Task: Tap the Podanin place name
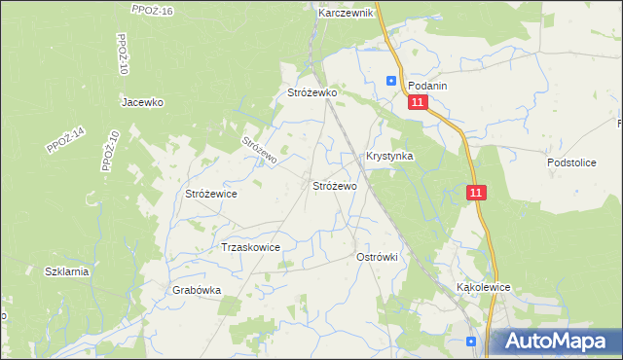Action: pyautogui.click(x=427, y=86)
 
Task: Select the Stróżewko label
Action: pyautogui.click(x=311, y=92)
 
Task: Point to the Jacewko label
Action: pyautogui.click(x=142, y=102)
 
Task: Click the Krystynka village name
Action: pyautogui.click(x=389, y=156)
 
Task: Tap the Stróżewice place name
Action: pyautogui.click(x=211, y=195)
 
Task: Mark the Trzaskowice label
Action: pyautogui.click(x=251, y=247)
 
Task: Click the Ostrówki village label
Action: pyautogui.click(x=379, y=256)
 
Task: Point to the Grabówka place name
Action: pyautogui.click(x=198, y=290)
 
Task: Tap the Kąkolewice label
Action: pyautogui.click(x=484, y=289)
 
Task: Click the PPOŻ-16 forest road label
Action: pyautogui.click(x=151, y=9)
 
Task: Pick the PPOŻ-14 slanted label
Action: pyautogui.click(x=65, y=141)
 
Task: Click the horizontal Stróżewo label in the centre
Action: pyautogui.click(x=334, y=185)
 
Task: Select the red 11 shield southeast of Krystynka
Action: pyautogui.click(x=475, y=194)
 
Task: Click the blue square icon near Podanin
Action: pyautogui.click(x=391, y=82)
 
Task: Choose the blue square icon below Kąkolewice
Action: pyautogui.click(x=472, y=342)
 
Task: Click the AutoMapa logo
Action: pyautogui.click(x=556, y=341)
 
